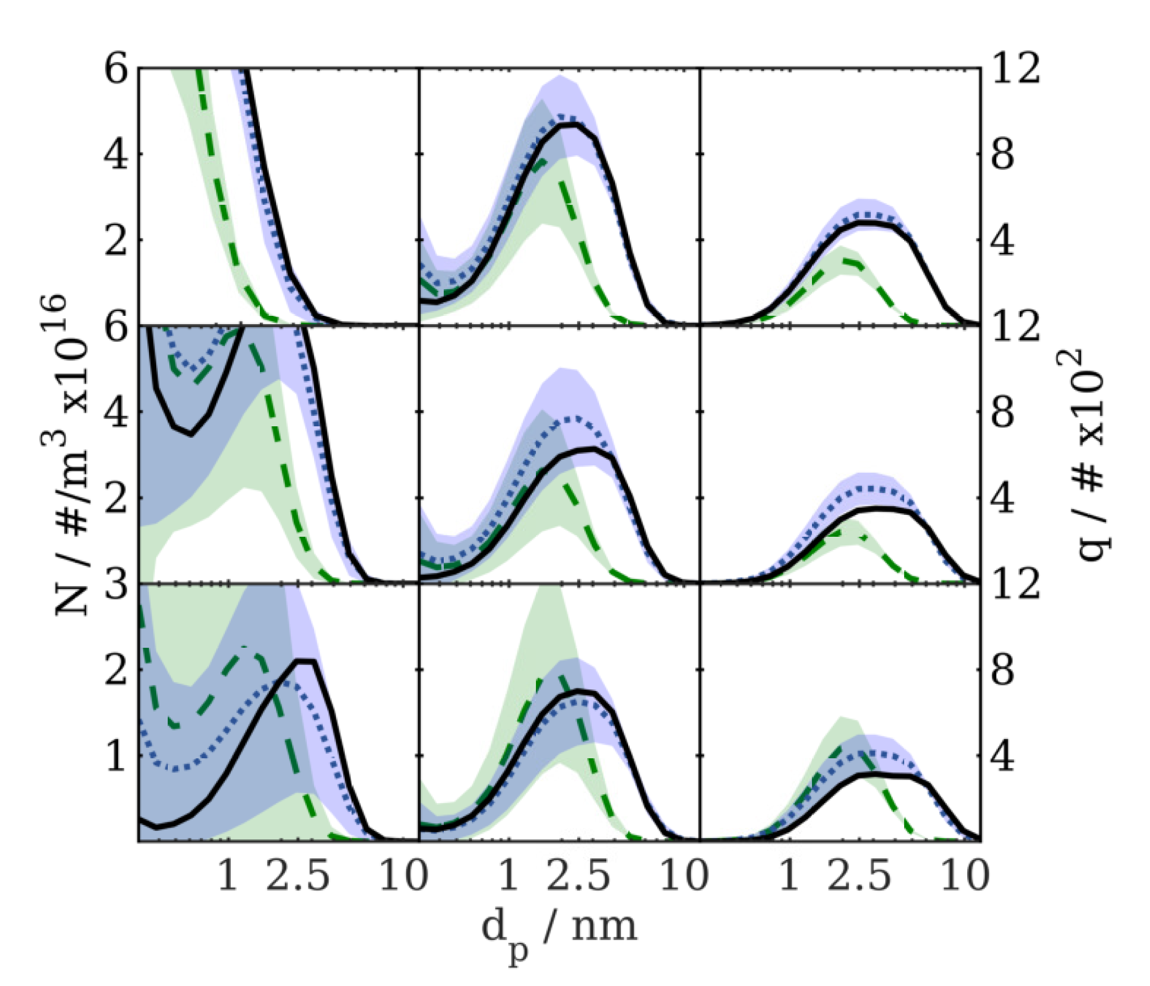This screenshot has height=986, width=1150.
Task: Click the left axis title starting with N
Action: (72, 455)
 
